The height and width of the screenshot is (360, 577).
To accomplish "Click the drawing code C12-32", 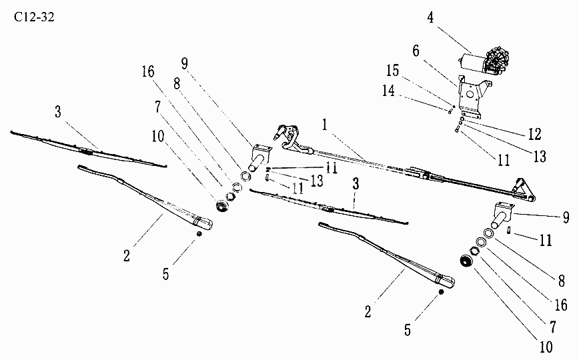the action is pyautogui.click(x=34, y=17).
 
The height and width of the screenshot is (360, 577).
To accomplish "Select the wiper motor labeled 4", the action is pyautogui.click(x=484, y=61).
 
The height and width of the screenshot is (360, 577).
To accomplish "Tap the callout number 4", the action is pyautogui.click(x=430, y=17).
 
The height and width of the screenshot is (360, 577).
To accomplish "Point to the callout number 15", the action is pyautogui.click(x=393, y=71).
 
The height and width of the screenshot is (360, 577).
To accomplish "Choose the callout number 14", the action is pyautogui.click(x=388, y=91).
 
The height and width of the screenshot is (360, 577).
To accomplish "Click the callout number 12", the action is pyautogui.click(x=535, y=134).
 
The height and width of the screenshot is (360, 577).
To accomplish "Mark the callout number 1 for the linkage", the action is pyautogui.click(x=324, y=125).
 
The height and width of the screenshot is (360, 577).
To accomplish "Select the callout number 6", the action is pyautogui.click(x=416, y=51).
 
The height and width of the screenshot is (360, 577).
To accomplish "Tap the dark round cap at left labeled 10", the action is pyautogui.click(x=222, y=206).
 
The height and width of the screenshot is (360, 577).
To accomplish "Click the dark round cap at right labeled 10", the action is pyautogui.click(x=466, y=261).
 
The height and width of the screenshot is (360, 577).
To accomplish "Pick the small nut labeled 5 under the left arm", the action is pyautogui.click(x=199, y=233).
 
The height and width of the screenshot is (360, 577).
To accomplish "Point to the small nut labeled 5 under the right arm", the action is pyautogui.click(x=441, y=291).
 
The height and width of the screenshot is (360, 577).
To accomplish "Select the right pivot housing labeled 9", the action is pyautogui.click(x=501, y=215).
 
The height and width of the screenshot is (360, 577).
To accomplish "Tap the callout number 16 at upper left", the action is pyautogui.click(x=148, y=72).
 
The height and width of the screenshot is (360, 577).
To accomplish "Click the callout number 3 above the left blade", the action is pyautogui.click(x=58, y=112).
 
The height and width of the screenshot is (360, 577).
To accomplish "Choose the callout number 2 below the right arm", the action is pyautogui.click(x=368, y=312).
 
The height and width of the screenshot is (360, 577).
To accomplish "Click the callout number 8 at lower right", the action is pyautogui.click(x=562, y=281).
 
